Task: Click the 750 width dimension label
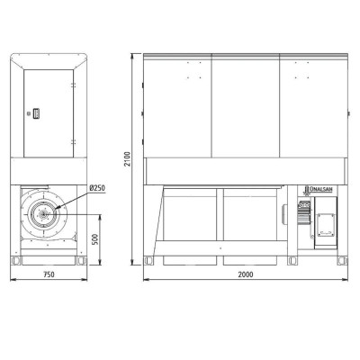tap(49, 274)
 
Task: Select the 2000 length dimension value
tap(246, 274)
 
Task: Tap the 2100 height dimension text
tap(128, 159)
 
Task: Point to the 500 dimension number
tap(95, 239)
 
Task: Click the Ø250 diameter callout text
tap(97, 188)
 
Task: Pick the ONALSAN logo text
tap(319, 189)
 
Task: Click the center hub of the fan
tap(44, 214)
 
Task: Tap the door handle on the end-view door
tap(37, 113)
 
